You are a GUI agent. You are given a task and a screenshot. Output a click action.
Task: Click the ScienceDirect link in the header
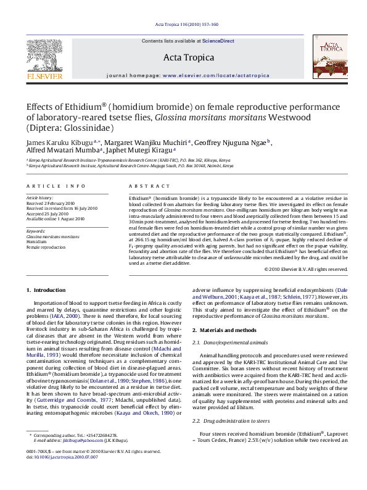218,41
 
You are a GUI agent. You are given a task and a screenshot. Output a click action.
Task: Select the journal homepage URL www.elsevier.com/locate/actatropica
215,75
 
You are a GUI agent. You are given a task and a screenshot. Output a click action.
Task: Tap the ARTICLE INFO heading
56,186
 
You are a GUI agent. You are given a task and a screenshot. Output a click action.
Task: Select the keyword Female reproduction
46,247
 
